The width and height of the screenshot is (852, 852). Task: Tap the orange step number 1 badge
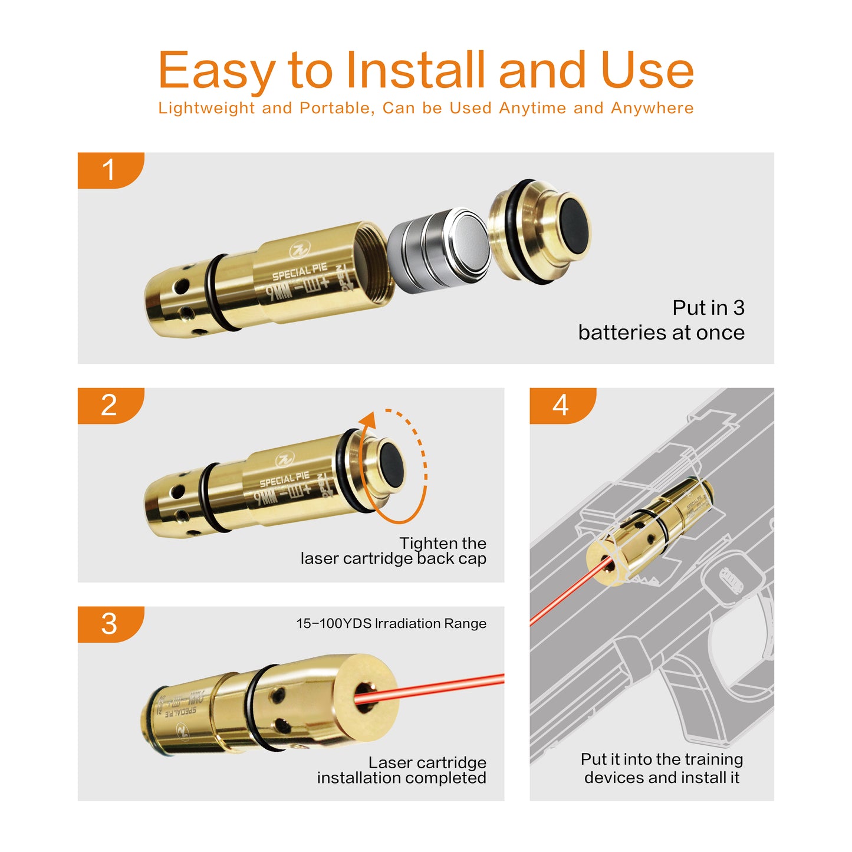110,170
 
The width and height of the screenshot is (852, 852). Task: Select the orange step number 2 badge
110,405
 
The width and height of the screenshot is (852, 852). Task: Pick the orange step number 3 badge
110,624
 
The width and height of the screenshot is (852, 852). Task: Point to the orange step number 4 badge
561,405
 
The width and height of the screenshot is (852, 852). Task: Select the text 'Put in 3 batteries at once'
661,320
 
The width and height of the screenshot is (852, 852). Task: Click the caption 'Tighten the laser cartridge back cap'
394,551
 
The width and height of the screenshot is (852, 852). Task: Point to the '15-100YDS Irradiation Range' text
391,624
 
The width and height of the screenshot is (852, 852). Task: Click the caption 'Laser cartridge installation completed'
402,770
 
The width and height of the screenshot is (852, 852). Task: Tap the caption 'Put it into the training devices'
662,768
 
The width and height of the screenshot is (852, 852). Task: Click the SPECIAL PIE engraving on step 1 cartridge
299,272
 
